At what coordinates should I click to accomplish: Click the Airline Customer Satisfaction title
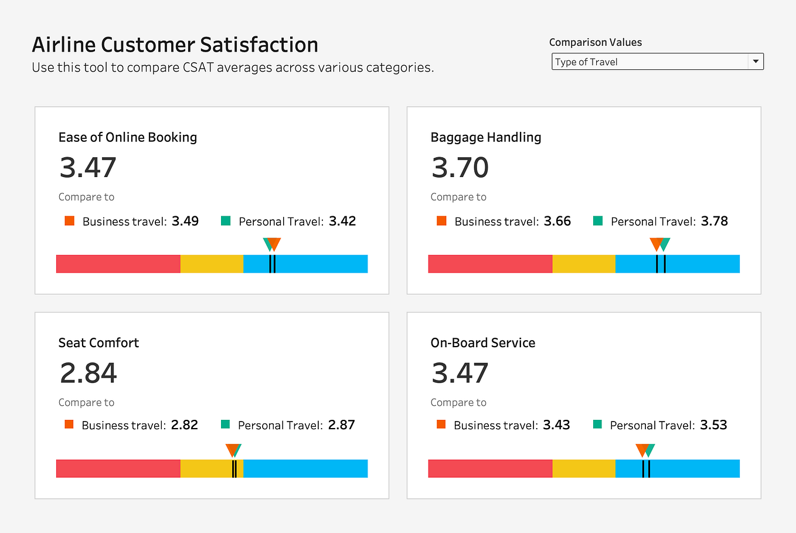(x=175, y=45)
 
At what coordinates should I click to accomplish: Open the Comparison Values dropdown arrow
(x=756, y=62)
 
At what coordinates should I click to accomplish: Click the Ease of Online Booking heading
(x=127, y=137)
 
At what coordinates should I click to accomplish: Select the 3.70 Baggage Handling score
(x=460, y=168)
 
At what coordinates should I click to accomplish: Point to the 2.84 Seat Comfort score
(x=88, y=373)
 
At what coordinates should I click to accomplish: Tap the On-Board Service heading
(x=482, y=343)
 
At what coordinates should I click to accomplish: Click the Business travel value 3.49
(x=185, y=221)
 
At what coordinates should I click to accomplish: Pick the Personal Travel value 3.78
(x=714, y=221)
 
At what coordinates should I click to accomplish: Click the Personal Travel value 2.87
(x=341, y=425)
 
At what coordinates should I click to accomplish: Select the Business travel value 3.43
(x=556, y=425)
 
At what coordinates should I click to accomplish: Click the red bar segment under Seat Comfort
(x=118, y=469)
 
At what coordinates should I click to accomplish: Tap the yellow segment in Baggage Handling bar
(x=583, y=264)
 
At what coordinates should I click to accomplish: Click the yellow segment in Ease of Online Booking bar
(x=211, y=264)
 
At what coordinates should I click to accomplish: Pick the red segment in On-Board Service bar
(x=490, y=469)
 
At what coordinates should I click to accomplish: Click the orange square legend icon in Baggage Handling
(x=441, y=221)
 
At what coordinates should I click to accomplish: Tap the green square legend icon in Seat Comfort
(x=226, y=425)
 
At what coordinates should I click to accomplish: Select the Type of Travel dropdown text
(x=586, y=62)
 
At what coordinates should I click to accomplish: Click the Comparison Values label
(x=595, y=42)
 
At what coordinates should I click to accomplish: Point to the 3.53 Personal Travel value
(x=713, y=425)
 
